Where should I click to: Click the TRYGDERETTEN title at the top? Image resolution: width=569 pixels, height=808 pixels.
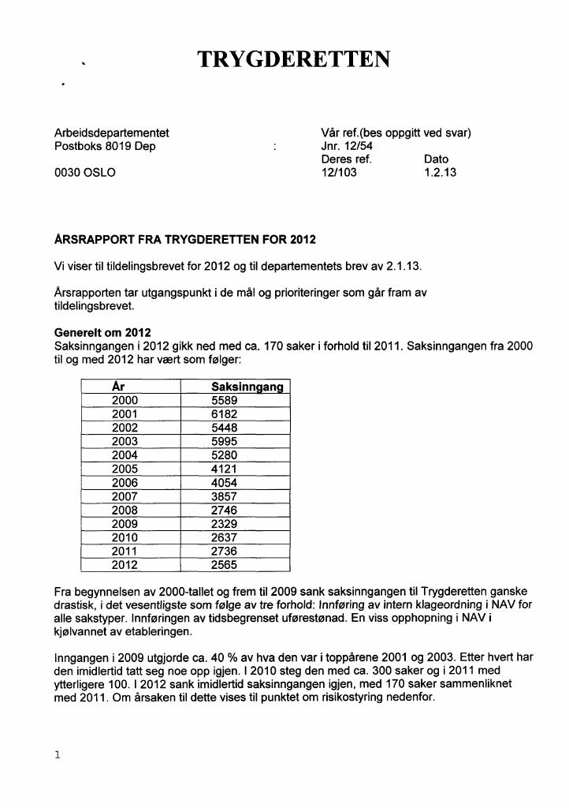point(293,60)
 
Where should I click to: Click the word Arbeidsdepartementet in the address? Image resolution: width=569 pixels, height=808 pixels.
point(111,133)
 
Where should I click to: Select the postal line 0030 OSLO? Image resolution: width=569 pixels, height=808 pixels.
point(84,173)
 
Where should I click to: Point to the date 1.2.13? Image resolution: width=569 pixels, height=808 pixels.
point(440,173)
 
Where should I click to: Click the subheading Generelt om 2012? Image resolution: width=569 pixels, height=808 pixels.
point(102,332)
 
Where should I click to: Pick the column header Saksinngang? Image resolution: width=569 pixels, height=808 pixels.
point(248,387)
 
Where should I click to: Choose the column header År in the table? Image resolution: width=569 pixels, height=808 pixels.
point(118,387)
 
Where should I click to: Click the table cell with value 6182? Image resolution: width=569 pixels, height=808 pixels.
point(225,413)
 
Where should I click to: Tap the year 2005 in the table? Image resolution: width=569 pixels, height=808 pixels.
point(125,469)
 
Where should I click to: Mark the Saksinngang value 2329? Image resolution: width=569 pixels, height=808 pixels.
point(225,524)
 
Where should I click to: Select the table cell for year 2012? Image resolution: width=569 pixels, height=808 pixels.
point(125,565)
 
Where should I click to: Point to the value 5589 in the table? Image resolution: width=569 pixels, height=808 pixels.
point(225,400)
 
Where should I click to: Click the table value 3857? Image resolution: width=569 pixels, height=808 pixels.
point(225,496)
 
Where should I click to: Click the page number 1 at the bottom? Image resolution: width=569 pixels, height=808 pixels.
point(57,755)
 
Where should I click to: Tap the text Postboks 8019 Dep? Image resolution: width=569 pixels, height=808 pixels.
point(105,146)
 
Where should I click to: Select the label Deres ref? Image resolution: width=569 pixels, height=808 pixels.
point(346,159)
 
